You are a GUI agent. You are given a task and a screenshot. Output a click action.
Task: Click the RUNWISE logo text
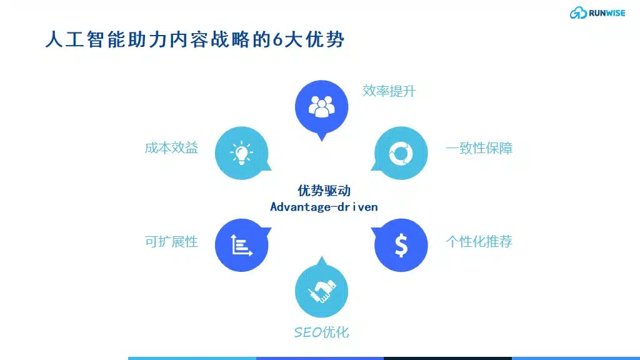tap(606, 13)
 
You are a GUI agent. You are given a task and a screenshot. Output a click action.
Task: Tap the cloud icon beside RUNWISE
tap(578, 13)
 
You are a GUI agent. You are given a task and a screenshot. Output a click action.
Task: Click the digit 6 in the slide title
tap(278, 40)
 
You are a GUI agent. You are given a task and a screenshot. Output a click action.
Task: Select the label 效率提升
tap(389, 91)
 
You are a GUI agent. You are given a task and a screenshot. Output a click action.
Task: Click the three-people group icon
tap(322, 107)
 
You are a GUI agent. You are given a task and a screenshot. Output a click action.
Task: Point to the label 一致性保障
tap(479, 148)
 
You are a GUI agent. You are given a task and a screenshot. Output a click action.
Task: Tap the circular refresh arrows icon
tap(401, 154)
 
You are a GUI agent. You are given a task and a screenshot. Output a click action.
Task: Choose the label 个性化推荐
tap(479, 242)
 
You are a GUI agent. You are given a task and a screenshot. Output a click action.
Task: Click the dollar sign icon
tap(401, 245)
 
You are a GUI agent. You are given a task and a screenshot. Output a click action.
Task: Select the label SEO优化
tap(322, 332)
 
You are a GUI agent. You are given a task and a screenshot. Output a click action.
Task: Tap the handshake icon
tap(322, 291)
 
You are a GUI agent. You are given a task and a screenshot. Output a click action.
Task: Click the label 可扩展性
tap(171, 242)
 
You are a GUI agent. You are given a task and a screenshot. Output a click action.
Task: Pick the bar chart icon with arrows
tap(242, 245)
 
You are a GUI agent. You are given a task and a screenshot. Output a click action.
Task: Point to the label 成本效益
tap(171, 147)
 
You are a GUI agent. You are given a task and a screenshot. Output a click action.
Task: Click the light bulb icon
tap(242, 153)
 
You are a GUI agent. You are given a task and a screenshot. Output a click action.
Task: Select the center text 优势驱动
tap(324, 191)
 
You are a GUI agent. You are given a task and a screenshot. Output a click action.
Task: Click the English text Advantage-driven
tap(324, 207)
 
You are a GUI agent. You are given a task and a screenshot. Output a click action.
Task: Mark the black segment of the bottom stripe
tap(447, 358)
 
